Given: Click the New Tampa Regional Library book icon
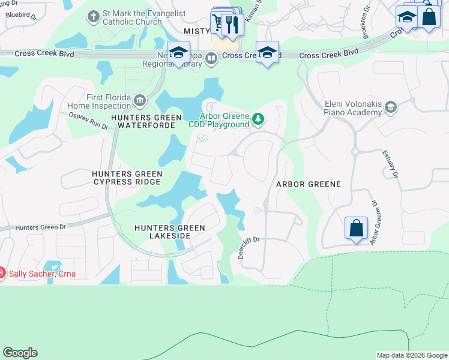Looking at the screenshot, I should (211, 58).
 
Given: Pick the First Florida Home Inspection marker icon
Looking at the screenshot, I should (140, 100).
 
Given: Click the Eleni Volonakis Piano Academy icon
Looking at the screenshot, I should (391, 107).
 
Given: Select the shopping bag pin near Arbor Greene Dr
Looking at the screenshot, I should (356, 229).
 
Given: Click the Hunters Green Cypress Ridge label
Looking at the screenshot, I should (127, 178).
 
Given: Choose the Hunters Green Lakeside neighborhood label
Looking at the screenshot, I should (170, 232).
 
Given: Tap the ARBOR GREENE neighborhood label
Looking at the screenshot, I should (308, 184).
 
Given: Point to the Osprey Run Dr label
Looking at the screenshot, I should (88, 121).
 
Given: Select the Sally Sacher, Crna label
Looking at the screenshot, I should (41, 274).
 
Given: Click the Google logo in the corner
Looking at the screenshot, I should (20, 353).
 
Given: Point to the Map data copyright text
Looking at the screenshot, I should (411, 355).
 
